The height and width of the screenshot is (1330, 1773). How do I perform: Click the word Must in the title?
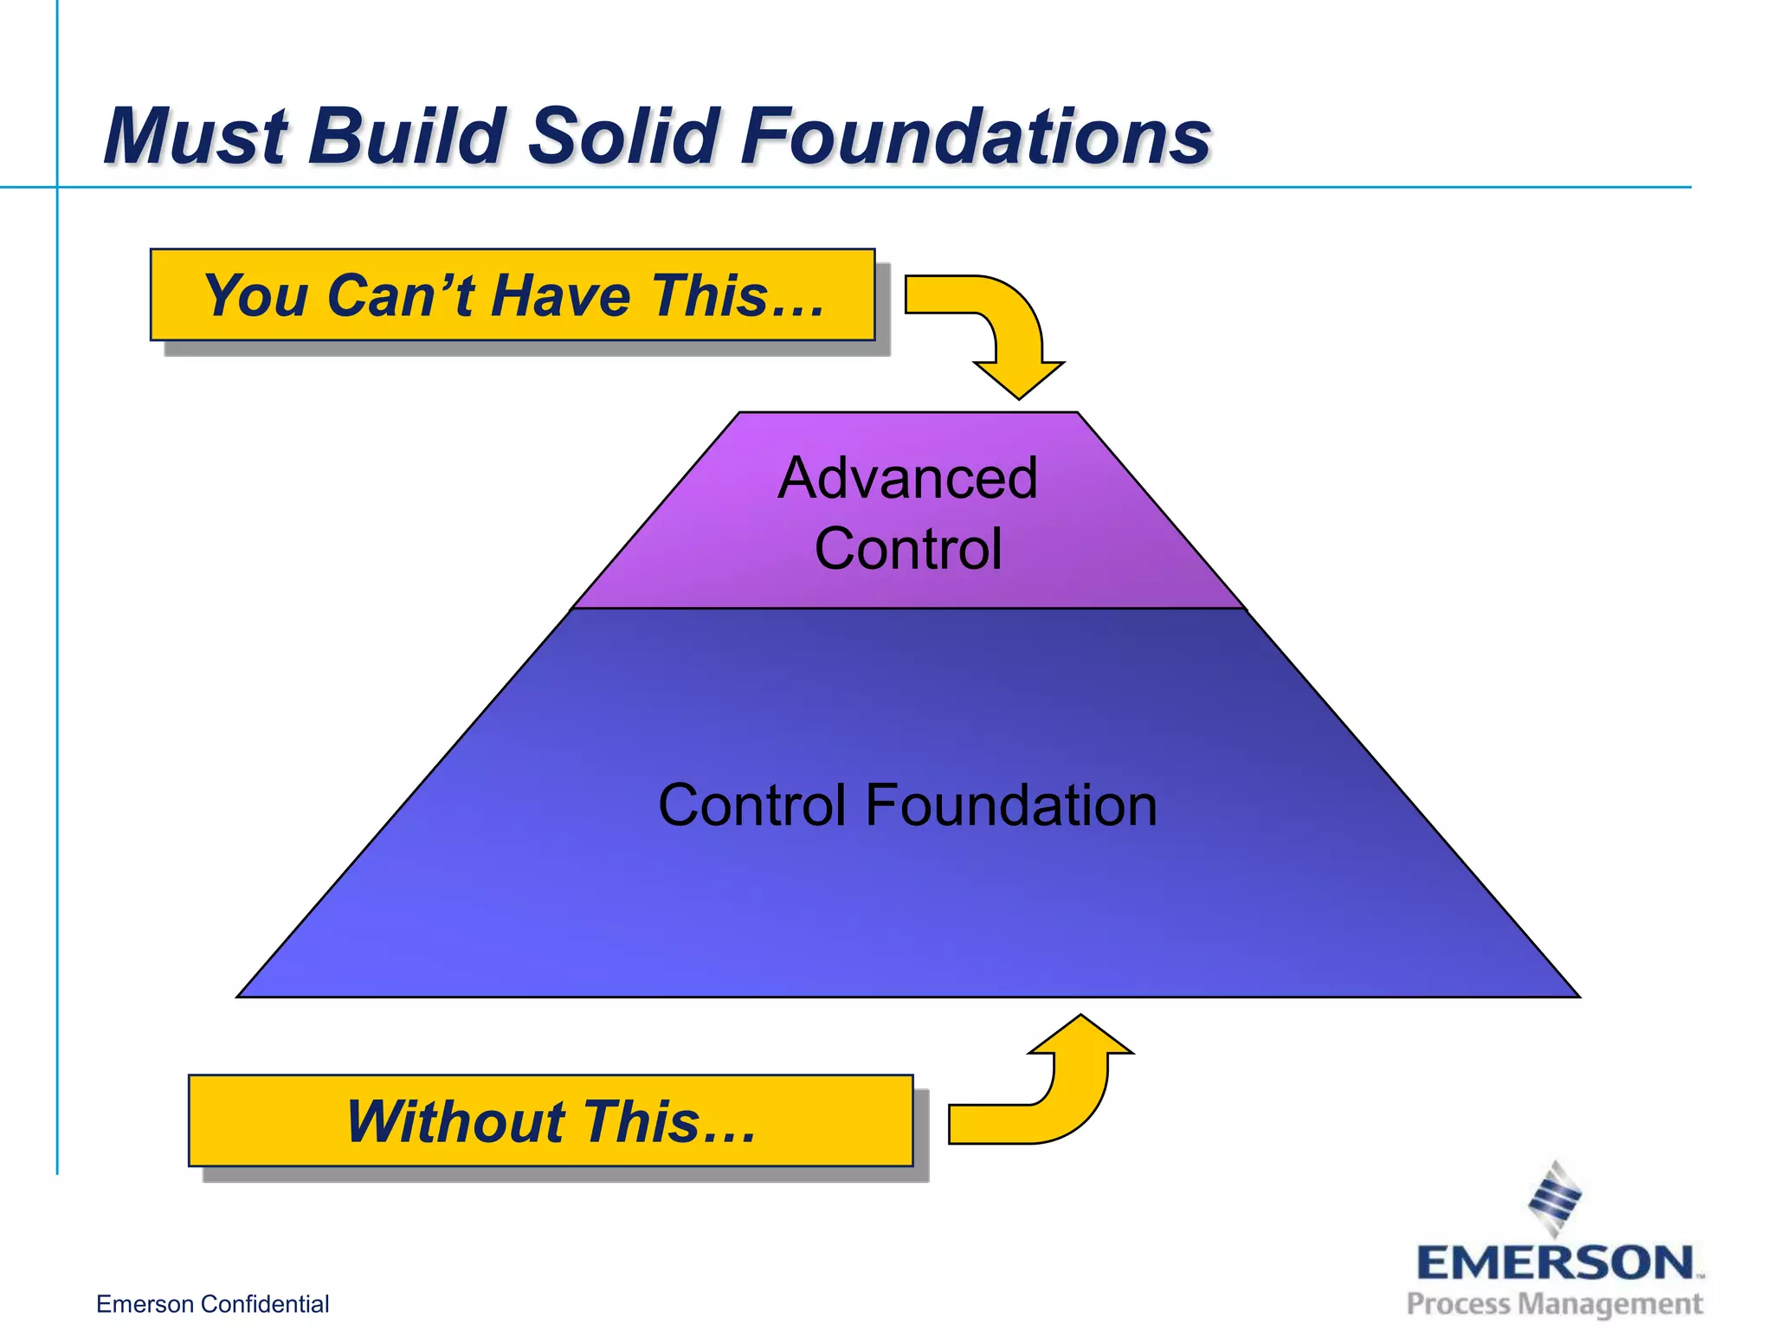[x=195, y=136]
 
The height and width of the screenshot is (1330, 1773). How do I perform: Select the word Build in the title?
[x=407, y=136]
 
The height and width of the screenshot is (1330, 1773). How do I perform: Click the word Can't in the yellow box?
[x=402, y=295]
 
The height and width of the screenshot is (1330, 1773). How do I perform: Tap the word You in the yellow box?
[x=255, y=295]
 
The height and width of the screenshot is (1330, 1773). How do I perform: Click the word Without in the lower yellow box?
[x=455, y=1121]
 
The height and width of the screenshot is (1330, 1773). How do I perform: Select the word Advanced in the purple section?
[x=907, y=478]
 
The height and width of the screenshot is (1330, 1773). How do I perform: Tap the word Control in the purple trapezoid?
[x=907, y=549]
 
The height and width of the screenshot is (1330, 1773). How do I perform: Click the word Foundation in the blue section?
[x=1010, y=805]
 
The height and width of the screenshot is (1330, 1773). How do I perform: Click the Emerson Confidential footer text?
[x=212, y=1304]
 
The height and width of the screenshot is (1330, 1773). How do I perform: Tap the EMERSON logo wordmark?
[x=1555, y=1263]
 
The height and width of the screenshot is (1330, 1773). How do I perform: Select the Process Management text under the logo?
[x=1555, y=1304]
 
